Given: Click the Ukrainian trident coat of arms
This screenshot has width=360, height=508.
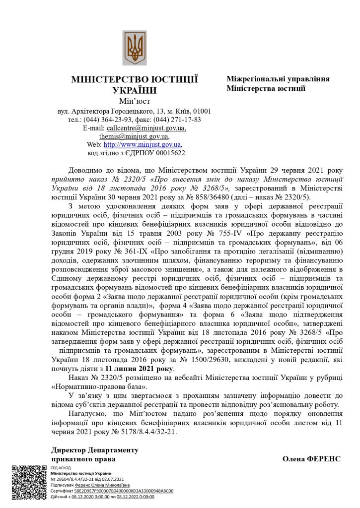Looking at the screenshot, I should pyautogui.click(x=135, y=48).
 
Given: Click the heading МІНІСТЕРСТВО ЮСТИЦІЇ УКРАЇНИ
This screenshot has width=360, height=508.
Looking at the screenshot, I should pyautogui.click(x=135, y=84).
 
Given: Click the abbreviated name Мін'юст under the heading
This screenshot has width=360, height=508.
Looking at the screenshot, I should pyautogui.click(x=134, y=102).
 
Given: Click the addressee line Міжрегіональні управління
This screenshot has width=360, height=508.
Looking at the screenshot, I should pyautogui.click(x=278, y=79).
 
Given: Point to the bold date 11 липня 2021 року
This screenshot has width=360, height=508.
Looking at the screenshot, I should pyautogui.click(x=139, y=369).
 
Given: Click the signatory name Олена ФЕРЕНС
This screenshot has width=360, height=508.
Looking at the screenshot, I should pyautogui.click(x=311, y=459).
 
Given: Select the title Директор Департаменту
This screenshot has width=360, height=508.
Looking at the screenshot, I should pyautogui.click(x=95, y=450).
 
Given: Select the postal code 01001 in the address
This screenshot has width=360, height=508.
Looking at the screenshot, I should pyautogui.click(x=202, y=111).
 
